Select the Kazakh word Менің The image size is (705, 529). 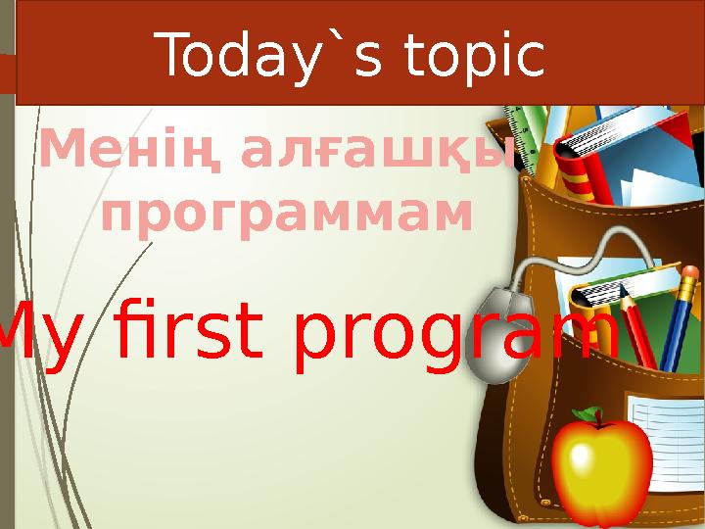[127, 151]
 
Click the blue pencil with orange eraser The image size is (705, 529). [676, 313]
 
